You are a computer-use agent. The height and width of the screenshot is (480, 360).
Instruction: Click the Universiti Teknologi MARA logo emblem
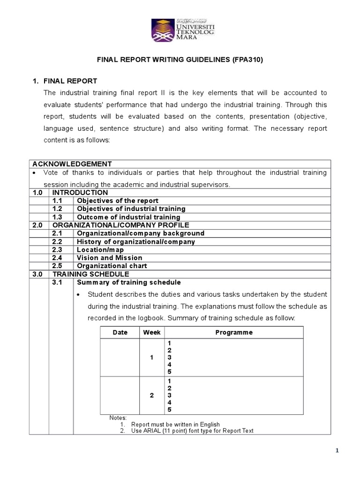[162, 30]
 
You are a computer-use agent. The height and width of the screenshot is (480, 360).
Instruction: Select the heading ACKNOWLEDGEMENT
[72, 164]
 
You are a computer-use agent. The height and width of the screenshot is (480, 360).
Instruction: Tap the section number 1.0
[38, 193]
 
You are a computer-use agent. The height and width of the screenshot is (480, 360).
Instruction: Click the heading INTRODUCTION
[80, 193]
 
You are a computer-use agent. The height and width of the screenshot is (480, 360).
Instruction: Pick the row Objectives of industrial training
[131, 209]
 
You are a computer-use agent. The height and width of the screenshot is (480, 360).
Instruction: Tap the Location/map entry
[99, 250]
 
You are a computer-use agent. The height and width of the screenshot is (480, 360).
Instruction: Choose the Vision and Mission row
[109, 258]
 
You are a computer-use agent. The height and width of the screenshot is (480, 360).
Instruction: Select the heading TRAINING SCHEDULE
[90, 274]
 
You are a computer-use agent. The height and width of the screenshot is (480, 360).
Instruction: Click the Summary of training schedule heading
[128, 283]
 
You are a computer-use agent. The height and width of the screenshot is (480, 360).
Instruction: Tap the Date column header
[120, 332]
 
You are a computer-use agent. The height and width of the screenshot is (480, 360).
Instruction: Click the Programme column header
[233, 332]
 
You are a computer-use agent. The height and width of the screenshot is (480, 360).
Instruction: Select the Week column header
[152, 332]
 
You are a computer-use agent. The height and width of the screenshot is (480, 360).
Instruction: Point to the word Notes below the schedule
[118, 418]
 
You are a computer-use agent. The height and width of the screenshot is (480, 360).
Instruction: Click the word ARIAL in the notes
[153, 431]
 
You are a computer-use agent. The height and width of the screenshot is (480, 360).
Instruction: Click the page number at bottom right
[337, 451]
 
